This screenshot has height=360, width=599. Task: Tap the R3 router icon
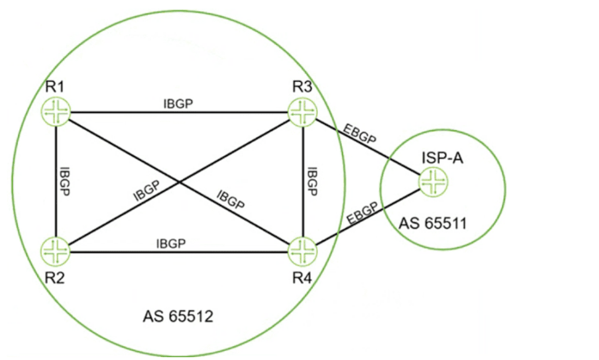pos(302,111)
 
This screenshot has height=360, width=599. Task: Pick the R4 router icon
pos(302,249)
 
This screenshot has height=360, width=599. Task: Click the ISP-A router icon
pos(433,182)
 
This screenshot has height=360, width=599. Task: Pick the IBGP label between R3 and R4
pos(312,181)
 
